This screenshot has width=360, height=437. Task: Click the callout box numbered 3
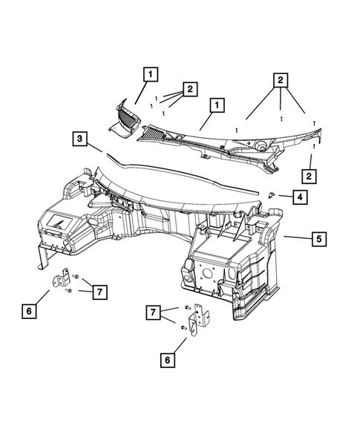pyautogui.click(x=79, y=139)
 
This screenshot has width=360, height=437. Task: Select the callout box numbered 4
pyautogui.click(x=300, y=197)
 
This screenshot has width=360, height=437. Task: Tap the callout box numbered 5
pyautogui.click(x=319, y=239)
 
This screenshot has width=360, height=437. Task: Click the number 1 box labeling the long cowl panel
pyautogui.click(x=217, y=105)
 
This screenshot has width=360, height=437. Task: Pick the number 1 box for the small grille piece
pyautogui.click(x=151, y=74)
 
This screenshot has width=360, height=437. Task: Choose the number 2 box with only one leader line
pyautogui.click(x=309, y=176)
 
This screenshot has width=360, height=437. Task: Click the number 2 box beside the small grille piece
pyautogui.click(x=190, y=89)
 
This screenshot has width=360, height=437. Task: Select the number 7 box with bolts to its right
pyautogui.click(x=153, y=312)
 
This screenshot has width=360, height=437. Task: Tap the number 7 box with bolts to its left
pyautogui.click(x=99, y=292)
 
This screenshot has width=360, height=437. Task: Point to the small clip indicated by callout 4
pyautogui.click(x=271, y=195)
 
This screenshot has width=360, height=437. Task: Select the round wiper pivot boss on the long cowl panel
pyautogui.click(x=261, y=145)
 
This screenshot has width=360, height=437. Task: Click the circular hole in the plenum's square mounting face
pyautogui.click(x=207, y=272)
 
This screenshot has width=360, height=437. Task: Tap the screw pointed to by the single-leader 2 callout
pyautogui.click(x=314, y=146)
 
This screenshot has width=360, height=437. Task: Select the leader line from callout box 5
pyautogui.click(x=298, y=237)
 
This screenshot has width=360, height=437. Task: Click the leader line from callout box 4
pyautogui.click(x=285, y=196)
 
